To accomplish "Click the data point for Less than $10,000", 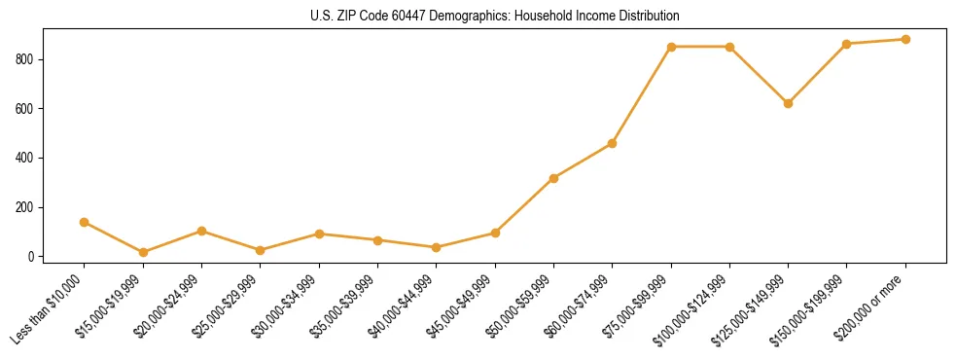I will pyautogui.click(x=85, y=222).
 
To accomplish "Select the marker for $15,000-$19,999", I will pyautogui.click(x=143, y=252).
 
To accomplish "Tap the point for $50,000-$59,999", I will pyautogui.click(x=553, y=178).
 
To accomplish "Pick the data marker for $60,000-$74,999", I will pyautogui.click(x=612, y=143).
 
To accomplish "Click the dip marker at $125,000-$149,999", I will pyautogui.click(x=788, y=103).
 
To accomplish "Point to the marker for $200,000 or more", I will pyautogui.click(x=905, y=39).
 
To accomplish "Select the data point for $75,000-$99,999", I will pyautogui.click(x=671, y=47).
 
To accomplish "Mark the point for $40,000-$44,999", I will pyautogui.click(x=436, y=247).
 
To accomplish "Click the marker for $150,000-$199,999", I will pyautogui.click(x=846, y=44).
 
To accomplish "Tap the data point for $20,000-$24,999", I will pyautogui.click(x=201, y=231).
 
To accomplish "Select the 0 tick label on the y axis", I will pyautogui.click(x=33, y=257).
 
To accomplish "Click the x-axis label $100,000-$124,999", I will pyautogui.click(x=699, y=306).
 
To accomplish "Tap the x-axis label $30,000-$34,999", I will pyautogui.click(x=289, y=306).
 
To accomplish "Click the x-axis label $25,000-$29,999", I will pyautogui.click(x=230, y=306).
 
